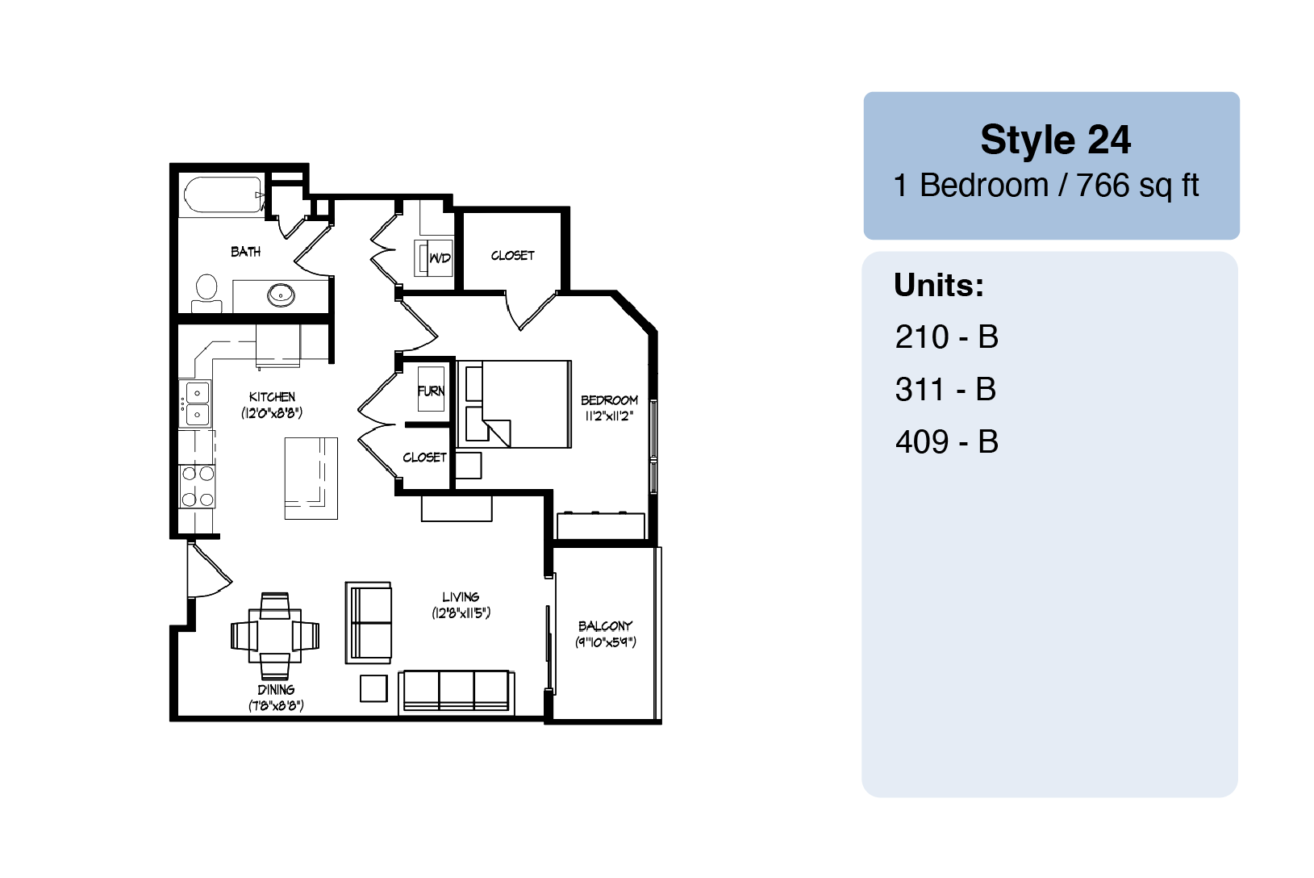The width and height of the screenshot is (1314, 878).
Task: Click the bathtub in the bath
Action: point(223,194)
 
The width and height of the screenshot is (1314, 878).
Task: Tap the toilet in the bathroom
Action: point(206,294)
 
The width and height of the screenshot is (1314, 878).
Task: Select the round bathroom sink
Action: point(282,295)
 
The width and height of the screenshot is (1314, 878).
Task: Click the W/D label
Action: point(440,257)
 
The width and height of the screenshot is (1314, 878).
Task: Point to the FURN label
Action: point(431,391)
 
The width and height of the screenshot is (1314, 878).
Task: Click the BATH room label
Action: point(245,252)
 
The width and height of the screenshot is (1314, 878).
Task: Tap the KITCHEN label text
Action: point(272,397)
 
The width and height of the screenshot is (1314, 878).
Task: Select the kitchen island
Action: point(311,479)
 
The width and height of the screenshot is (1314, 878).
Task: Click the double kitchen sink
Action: point(197,403)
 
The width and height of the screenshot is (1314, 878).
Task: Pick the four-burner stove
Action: point(197,486)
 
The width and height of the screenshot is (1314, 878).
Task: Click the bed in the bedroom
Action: point(514,404)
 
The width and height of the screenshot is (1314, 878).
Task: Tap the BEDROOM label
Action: point(609,400)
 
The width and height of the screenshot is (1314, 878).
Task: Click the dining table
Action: point(275,636)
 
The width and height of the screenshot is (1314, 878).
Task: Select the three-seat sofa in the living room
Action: point(457,693)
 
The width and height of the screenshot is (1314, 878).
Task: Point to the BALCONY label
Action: point(606,625)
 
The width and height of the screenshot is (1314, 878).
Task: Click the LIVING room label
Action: point(461,597)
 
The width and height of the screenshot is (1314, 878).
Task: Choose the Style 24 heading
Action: point(1055,140)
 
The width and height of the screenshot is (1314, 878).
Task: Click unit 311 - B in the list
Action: point(945,389)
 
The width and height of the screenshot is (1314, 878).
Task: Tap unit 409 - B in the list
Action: point(946,441)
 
